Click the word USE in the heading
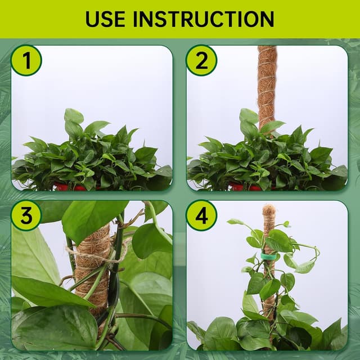pyautogui.click(x=105, y=19)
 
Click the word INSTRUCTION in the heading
pyautogui.click(x=204, y=19)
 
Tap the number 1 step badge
pyautogui.click(x=26, y=60)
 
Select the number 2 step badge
pyautogui.click(x=201, y=60)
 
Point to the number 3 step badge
pyautogui.click(x=26, y=215)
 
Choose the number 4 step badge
pyautogui.click(x=201, y=215)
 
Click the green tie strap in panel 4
pyautogui.click(x=268, y=256)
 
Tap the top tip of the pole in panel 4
pyautogui.click(x=269, y=204)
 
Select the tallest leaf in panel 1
pyautogui.click(x=74, y=116)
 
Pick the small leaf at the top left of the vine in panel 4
pyautogui.click(x=235, y=222)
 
